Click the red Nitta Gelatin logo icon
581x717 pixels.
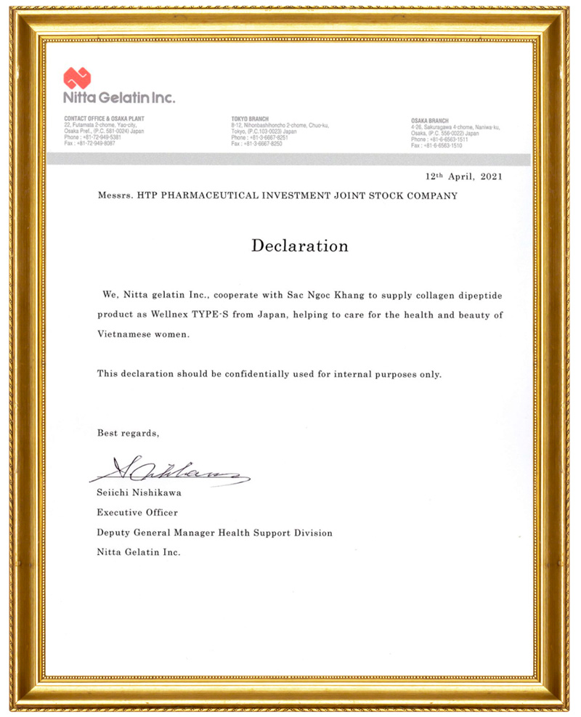77,78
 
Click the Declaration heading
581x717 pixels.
299,246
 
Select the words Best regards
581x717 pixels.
128,433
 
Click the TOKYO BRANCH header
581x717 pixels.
250,118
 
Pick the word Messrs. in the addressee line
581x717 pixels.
113,196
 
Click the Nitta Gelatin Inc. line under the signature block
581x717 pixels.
138,552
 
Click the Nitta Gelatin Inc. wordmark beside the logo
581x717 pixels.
118,97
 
